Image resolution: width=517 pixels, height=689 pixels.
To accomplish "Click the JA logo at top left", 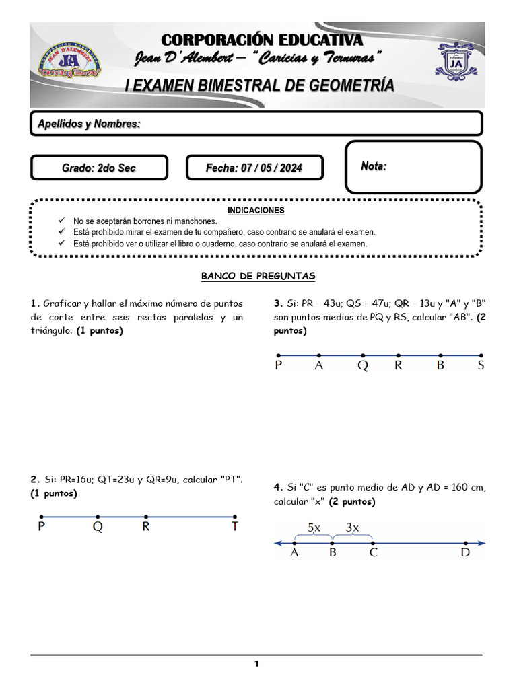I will coord(69,65).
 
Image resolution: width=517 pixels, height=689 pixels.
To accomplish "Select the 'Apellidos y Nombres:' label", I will coord(89,124).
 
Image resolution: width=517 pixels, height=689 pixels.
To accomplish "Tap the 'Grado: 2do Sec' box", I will coord(98,168).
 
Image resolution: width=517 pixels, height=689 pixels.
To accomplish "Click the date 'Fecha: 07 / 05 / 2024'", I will coord(254,168).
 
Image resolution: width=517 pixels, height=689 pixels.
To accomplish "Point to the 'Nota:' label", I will coord(374,166).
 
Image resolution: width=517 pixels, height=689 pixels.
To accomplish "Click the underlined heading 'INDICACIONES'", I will coord(256,210).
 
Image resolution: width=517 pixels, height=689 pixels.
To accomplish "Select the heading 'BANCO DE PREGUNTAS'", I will coord(258,276).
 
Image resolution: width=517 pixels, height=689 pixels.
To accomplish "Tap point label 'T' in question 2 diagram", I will coord(235,528).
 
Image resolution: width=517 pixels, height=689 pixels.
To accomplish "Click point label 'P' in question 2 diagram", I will coord(42,528).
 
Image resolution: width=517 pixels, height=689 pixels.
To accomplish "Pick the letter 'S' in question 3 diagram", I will coord(481,366).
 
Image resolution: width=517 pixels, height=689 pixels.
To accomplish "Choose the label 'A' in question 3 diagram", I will coord(319,366).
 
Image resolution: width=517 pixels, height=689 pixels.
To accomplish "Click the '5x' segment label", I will coord(314,528).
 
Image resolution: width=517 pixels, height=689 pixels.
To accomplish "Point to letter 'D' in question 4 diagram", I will coord(465,554).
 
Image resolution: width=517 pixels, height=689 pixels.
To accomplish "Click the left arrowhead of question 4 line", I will coord(277,543).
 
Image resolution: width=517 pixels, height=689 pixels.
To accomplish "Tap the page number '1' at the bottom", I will coord(256,665).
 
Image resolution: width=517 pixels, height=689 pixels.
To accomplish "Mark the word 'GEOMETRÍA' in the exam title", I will coord(345,85).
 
